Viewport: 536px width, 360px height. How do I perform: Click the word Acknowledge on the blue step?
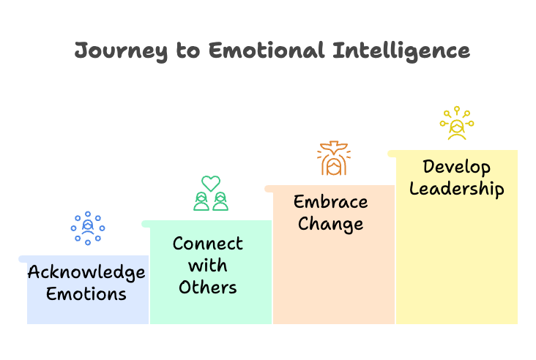[x=86, y=273]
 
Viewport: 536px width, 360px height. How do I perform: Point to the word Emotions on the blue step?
[x=86, y=294]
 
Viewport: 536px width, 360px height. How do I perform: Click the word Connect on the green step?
[x=208, y=244]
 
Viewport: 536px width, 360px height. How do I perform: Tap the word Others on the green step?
[x=208, y=287]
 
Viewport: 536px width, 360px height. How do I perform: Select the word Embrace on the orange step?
[x=331, y=202]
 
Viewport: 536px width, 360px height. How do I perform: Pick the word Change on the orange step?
[x=331, y=223]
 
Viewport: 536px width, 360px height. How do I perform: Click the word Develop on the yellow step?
[x=456, y=167]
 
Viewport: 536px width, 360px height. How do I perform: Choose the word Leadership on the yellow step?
[x=456, y=188]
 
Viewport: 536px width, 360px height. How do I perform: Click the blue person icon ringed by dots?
[x=88, y=228]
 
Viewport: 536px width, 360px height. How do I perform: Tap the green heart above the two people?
[x=211, y=183]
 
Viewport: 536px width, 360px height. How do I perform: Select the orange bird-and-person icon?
[x=333, y=160]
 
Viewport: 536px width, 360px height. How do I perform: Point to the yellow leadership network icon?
[x=457, y=124]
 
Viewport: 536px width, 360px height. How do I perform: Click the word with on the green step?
[x=208, y=266]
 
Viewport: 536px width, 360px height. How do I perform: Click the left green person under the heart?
[x=201, y=201]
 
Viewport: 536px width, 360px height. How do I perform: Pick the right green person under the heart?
[x=220, y=201]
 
